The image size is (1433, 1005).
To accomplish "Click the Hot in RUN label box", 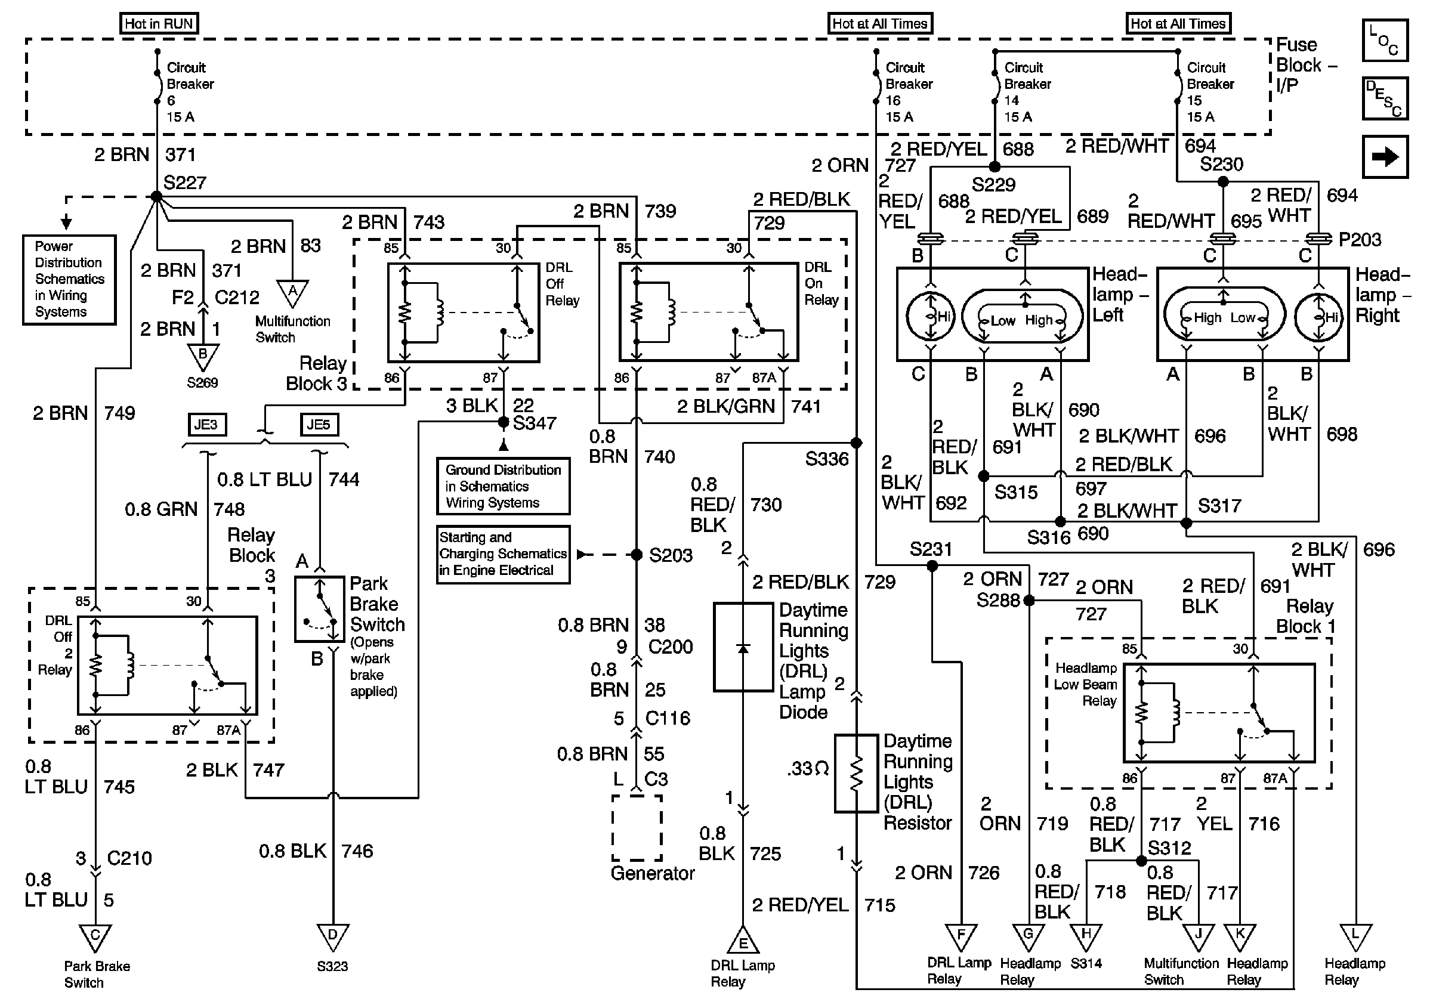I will [x=159, y=24].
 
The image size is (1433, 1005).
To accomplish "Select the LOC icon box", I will [x=1385, y=41].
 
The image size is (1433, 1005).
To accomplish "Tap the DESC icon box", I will [x=1385, y=98].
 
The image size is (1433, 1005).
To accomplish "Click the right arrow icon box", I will [x=1385, y=157].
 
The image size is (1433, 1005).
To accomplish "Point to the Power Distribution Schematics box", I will [x=69, y=280].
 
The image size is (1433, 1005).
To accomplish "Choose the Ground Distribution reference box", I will [x=503, y=487].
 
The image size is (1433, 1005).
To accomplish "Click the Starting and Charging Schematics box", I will [x=503, y=555].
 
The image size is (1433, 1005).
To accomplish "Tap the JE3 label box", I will [x=206, y=425].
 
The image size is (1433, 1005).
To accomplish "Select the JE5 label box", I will [x=319, y=425].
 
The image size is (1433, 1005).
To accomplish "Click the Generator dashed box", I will [x=637, y=828].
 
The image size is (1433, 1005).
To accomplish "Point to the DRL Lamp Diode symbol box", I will [x=743, y=647].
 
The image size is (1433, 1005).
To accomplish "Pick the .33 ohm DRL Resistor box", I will [x=856, y=774].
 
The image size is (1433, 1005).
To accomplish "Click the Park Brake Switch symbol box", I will [x=320, y=609].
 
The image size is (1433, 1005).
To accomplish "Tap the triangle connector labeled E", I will [x=743, y=940].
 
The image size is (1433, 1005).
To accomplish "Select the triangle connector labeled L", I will [x=1355, y=936].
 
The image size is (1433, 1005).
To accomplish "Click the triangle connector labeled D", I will [x=333, y=936].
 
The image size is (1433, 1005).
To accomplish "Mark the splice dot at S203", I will [x=637, y=555].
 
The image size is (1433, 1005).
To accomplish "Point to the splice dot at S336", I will [x=856, y=443].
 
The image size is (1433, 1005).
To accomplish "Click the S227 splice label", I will [x=185, y=183].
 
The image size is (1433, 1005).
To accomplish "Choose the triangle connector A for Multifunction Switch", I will [x=292, y=292].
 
